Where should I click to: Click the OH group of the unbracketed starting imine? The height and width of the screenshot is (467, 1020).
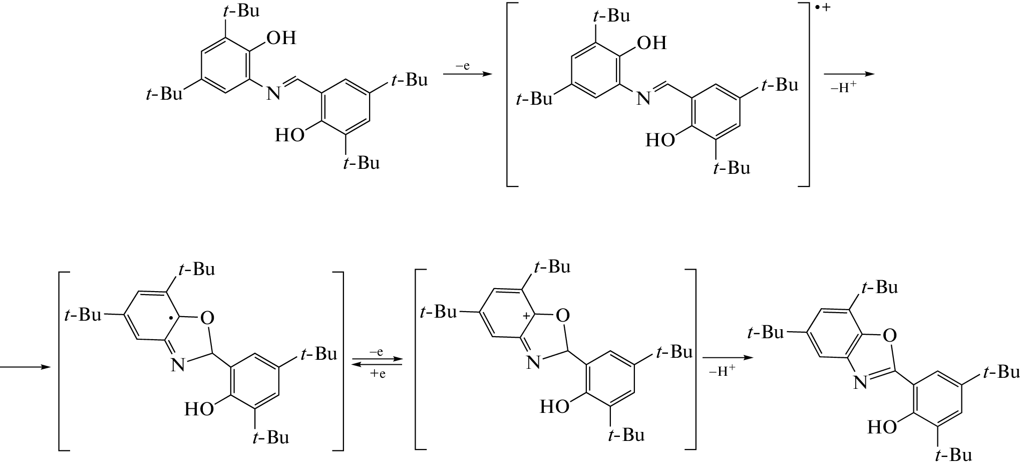281,38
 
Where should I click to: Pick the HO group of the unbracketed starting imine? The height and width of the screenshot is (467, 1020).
290,135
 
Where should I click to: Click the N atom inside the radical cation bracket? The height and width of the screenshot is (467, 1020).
643,99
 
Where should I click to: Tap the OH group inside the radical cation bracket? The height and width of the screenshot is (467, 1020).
652,43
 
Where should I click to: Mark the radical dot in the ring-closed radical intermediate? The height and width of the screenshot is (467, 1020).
172,318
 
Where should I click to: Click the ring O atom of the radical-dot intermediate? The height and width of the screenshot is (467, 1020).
207,318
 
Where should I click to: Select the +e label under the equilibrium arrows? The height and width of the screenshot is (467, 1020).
378,374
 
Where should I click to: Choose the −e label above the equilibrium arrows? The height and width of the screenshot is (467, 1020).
376,352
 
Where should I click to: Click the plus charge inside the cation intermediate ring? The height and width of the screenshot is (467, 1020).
526,316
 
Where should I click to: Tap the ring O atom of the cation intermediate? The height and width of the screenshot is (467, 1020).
563,315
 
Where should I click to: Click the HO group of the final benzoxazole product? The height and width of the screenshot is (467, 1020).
882,427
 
